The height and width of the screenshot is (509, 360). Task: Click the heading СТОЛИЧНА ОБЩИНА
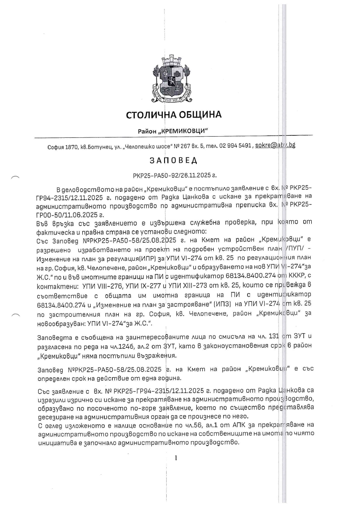click(x=173, y=115)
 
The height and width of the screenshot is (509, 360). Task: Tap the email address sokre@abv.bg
click(x=276, y=145)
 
